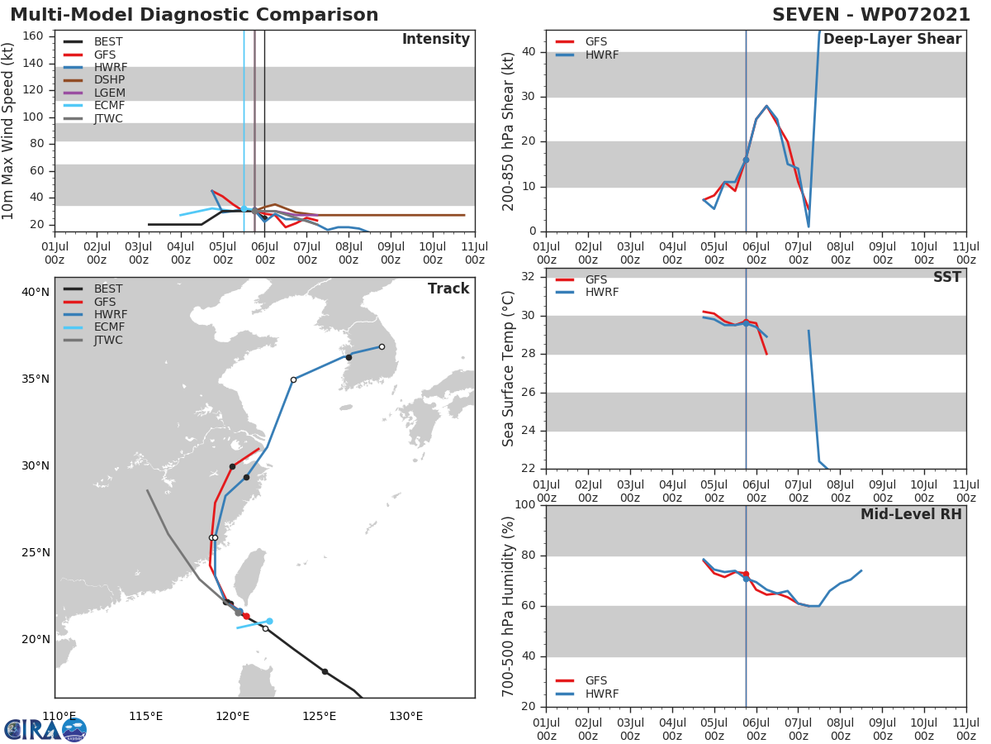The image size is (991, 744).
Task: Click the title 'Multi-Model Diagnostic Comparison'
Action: (194, 15)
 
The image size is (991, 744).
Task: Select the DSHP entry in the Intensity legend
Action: (109, 80)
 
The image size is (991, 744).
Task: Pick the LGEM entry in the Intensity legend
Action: (109, 93)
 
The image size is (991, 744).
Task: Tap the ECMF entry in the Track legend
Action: (109, 327)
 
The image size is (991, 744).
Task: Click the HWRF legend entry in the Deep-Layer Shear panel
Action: (601, 55)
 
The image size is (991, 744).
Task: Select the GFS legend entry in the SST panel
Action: (596, 279)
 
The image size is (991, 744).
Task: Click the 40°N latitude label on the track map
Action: (36, 292)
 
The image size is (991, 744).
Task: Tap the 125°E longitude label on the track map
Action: (319, 716)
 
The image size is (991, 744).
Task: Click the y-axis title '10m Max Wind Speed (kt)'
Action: (9, 131)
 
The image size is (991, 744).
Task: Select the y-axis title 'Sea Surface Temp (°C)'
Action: (509, 368)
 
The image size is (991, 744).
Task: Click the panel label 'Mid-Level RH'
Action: (911, 514)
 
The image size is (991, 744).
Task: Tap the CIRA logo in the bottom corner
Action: (45, 729)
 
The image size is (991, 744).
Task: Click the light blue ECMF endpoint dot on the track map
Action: (269, 621)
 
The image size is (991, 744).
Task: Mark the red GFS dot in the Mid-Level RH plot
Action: (746, 574)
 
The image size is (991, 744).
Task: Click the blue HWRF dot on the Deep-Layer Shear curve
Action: (746, 160)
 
